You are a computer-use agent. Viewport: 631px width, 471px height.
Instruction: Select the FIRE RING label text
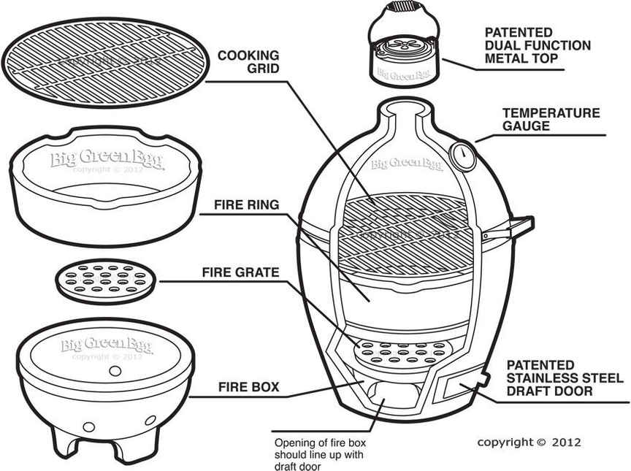click(x=246, y=205)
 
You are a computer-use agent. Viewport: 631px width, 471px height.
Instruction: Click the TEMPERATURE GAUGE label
click(x=551, y=120)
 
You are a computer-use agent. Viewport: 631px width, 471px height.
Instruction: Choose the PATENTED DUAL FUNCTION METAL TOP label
click(x=538, y=45)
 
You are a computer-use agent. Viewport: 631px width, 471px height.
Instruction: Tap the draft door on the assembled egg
click(x=459, y=388)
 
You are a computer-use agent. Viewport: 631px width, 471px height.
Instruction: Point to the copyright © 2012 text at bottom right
click(x=529, y=442)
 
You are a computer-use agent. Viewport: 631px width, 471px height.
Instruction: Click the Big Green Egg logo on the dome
click(x=406, y=164)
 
